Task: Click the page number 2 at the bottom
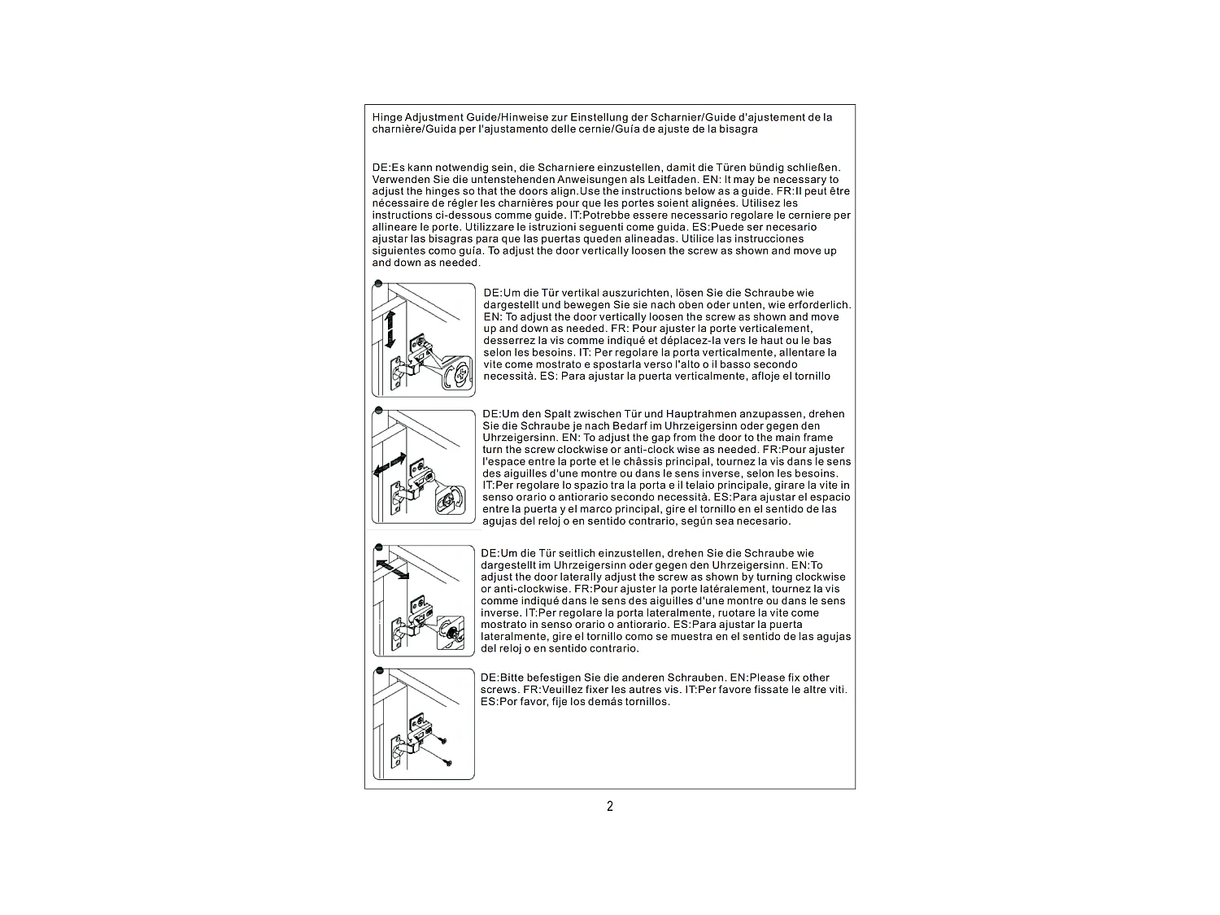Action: [610, 806]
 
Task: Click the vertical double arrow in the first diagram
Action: [390, 329]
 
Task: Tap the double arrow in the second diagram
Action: [390, 465]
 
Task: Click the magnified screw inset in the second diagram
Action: [450, 499]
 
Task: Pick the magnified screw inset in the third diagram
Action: [451, 634]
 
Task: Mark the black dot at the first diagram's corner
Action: [378, 283]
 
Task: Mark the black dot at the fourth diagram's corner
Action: [378, 672]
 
